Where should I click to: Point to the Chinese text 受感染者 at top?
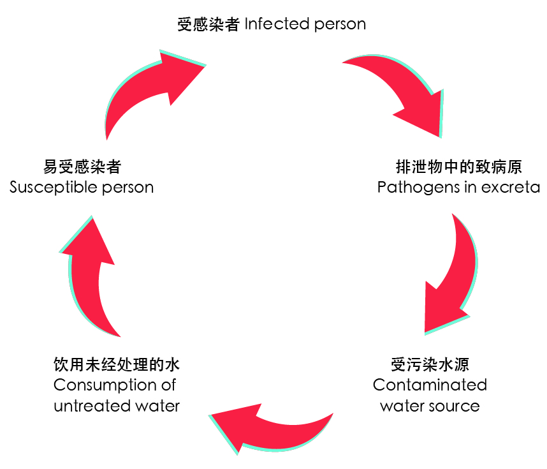(208, 25)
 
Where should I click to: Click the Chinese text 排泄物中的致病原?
(459, 167)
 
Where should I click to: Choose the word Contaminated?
(430, 385)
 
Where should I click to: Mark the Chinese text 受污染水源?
(430, 366)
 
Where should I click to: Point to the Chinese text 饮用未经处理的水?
(117, 366)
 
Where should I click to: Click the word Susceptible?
(54, 188)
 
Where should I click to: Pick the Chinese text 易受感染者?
(82, 167)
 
